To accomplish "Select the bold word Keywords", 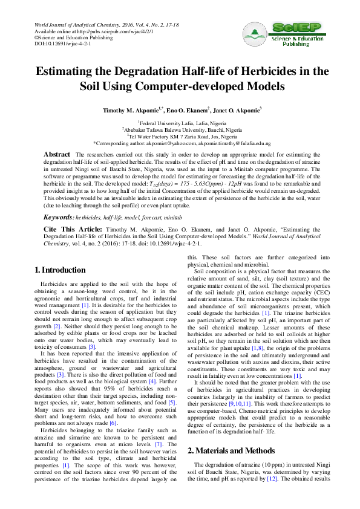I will pos(58,216).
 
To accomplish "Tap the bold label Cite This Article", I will pos(73,230).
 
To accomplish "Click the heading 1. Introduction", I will pos(60,270).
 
